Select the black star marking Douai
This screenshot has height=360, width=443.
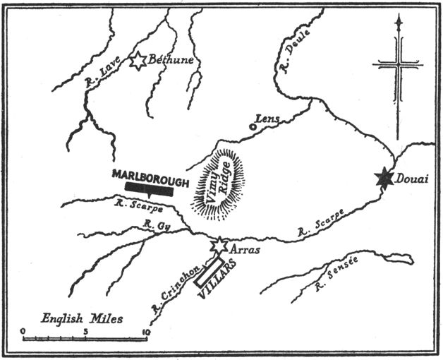tap(384, 178)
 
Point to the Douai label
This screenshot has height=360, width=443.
tap(411, 179)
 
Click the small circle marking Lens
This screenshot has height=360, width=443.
tap(253, 127)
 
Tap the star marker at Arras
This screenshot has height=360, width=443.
tap(219, 245)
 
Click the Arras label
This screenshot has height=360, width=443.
tap(243, 248)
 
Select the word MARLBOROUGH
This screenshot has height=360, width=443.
tap(151, 177)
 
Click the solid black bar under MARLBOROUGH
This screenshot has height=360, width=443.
tap(149, 188)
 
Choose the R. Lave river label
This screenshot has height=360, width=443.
tap(92, 78)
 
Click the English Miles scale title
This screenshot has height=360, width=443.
tap(82, 318)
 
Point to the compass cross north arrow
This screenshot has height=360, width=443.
tap(398, 63)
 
